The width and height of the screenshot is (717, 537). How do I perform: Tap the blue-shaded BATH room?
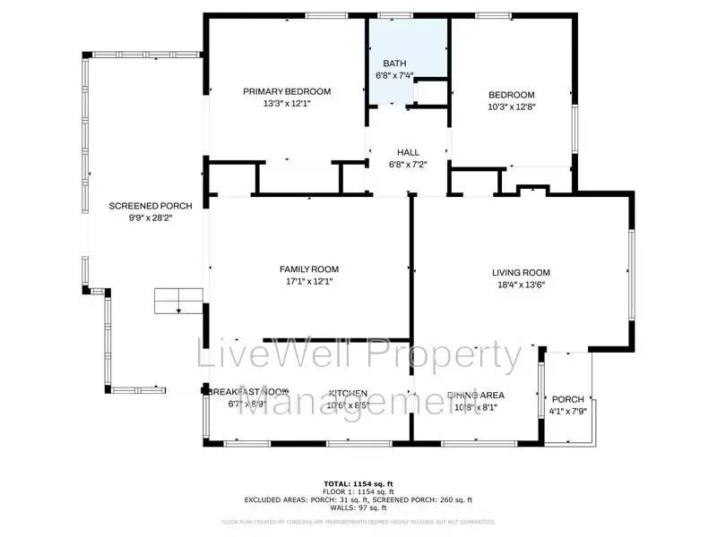[405, 54]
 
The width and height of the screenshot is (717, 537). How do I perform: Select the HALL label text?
[408, 152]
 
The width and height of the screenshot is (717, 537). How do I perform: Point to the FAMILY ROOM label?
[308, 269]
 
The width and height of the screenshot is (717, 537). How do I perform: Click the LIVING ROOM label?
[521, 273]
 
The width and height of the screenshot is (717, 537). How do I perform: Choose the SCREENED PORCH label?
[138, 206]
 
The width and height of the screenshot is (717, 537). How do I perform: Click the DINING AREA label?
[475, 396]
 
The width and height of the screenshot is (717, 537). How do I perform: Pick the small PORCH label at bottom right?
[567, 399]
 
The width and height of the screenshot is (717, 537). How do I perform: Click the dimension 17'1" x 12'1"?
[308, 281]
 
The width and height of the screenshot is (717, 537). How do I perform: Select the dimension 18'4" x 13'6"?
[521, 285]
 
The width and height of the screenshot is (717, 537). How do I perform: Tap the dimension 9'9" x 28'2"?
[138, 217]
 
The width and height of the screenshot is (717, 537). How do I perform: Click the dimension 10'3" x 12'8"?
[511, 107]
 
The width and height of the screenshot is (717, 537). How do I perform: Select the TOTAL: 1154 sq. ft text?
[358, 484]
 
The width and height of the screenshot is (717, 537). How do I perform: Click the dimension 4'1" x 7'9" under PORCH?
[567, 412]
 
